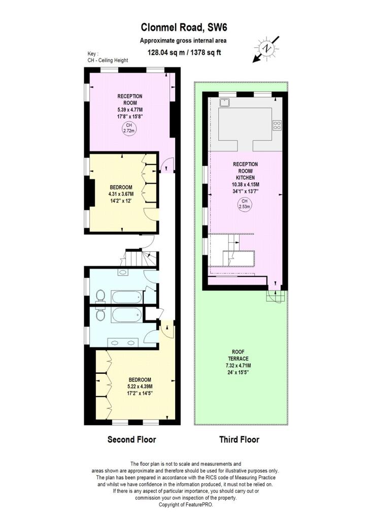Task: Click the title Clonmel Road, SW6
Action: tap(184, 28)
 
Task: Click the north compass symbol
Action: tap(266, 49)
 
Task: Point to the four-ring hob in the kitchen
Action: tap(278, 125)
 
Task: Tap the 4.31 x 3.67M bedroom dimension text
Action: tap(121, 193)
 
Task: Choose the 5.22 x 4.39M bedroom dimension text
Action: tap(140, 386)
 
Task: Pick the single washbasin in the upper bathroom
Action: tap(124, 273)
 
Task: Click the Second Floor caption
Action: tap(131, 439)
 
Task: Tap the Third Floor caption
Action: tap(239, 439)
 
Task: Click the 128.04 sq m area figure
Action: tap(166, 52)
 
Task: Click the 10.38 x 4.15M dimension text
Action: tap(246, 184)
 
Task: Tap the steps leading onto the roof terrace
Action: tap(274, 296)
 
